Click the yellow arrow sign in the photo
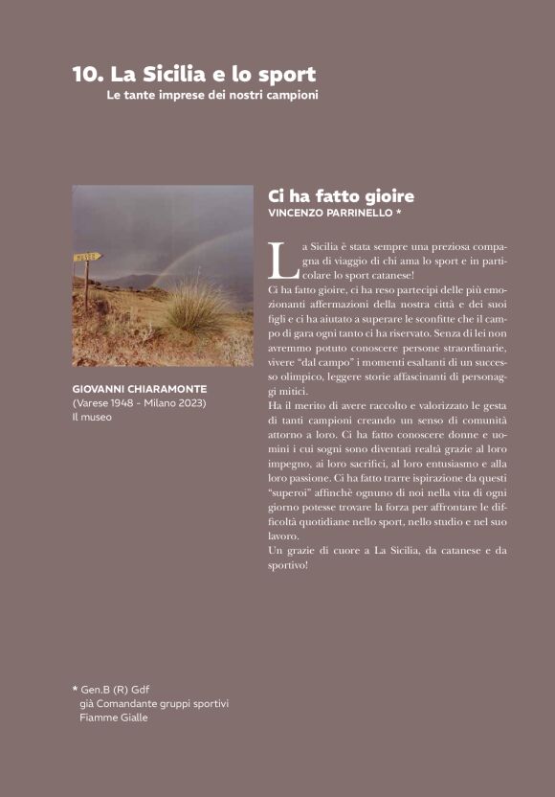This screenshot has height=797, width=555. point(86,256)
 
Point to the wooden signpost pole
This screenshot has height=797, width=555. point(86,283)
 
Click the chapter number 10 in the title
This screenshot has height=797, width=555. point(87,74)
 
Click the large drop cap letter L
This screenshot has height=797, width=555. point(278,261)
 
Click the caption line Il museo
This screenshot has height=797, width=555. point(92,417)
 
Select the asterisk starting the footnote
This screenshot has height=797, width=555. point(75,689)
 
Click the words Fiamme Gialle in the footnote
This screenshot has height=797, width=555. point(114,717)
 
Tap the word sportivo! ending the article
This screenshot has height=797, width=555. point(287,565)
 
